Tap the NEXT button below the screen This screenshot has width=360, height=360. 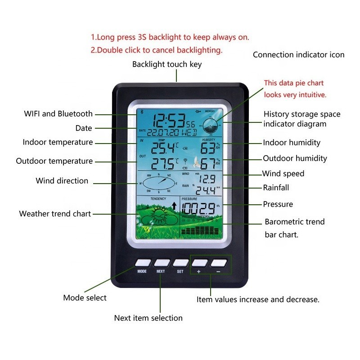(161, 262)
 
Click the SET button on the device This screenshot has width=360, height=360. (180, 262)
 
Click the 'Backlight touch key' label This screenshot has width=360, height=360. (167, 64)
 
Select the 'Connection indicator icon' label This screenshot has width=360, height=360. (298, 55)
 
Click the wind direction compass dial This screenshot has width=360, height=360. (157, 184)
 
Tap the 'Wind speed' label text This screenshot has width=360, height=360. (283, 174)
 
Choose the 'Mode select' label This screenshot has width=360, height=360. (85, 297)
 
